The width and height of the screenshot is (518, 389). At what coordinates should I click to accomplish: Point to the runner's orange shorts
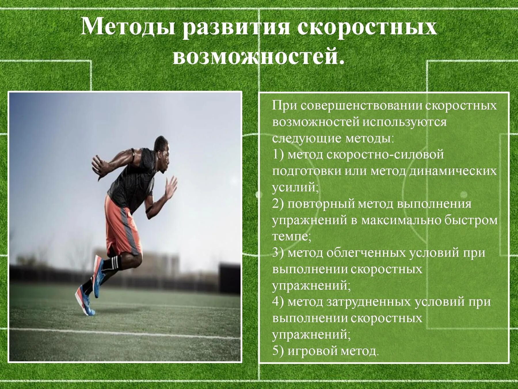[122, 228]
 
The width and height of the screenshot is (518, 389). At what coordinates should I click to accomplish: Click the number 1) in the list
[278, 155]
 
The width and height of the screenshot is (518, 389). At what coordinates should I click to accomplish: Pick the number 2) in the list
[278, 204]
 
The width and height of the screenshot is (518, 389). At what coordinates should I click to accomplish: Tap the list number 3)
[278, 253]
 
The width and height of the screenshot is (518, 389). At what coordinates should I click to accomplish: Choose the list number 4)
[278, 302]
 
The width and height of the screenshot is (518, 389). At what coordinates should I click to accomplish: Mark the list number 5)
[278, 351]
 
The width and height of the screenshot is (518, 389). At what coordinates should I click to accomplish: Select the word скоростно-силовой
[385, 155]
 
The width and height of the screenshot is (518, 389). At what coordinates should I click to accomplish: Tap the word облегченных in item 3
[366, 253]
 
